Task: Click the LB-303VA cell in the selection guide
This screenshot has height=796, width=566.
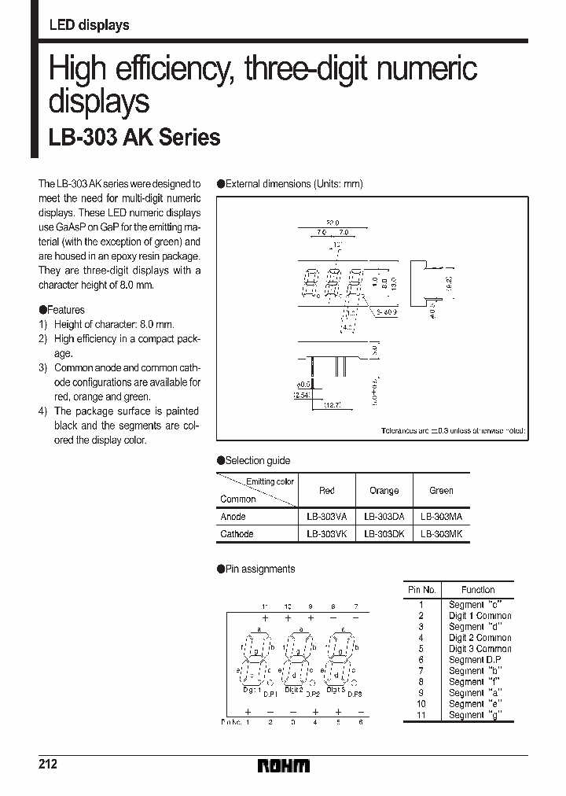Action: pyautogui.click(x=326, y=517)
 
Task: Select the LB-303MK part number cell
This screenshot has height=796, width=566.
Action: pyautogui.click(x=441, y=533)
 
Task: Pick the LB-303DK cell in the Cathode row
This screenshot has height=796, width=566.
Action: pyautogui.click(x=384, y=533)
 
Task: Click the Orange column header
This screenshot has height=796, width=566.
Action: pyautogui.click(x=384, y=491)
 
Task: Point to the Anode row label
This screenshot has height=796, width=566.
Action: pyautogui.click(x=233, y=517)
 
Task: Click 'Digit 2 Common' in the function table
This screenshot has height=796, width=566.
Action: pyautogui.click(x=480, y=638)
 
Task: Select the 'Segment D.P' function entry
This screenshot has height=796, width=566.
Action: pyautogui.click(x=476, y=660)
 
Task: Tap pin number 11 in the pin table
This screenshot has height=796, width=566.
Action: pyautogui.click(x=421, y=715)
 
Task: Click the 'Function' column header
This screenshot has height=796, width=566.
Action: pyautogui.click(x=478, y=590)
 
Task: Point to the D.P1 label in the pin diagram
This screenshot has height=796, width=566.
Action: pyautogui.click(x=270, y=695)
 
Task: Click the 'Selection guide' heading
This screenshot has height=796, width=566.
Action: pyautogui.click(x=257, y=461)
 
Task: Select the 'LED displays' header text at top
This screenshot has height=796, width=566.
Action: pyautogui.click(x=89, y=25)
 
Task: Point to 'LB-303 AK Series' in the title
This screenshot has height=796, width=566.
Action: pyautogui.click(x=134, y=138)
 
